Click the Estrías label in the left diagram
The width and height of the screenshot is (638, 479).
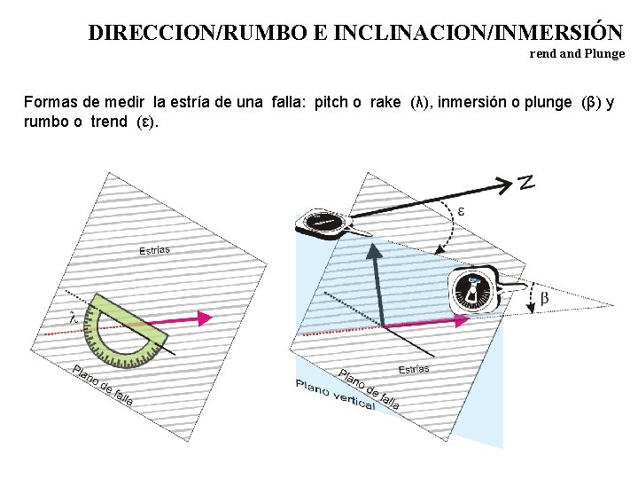pyautogui.click(x=154, y=250)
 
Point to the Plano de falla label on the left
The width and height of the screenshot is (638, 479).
pyautogui.click(x=103, y=386)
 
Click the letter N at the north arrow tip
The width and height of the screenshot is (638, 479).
pyautogui.click(x=525, y=183)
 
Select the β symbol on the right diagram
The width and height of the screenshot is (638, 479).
pyautogui.click(x=544, y=298)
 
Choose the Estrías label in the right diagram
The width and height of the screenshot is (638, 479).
pyautogui.click(x=414, y=368)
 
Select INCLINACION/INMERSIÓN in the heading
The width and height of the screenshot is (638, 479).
pyautogui.click(x=469, y=33)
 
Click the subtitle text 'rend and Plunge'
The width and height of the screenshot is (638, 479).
pyautogui.click(x=577, y=53)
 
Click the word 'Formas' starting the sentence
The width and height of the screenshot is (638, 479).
pyautogui.click(x=50, y=102)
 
